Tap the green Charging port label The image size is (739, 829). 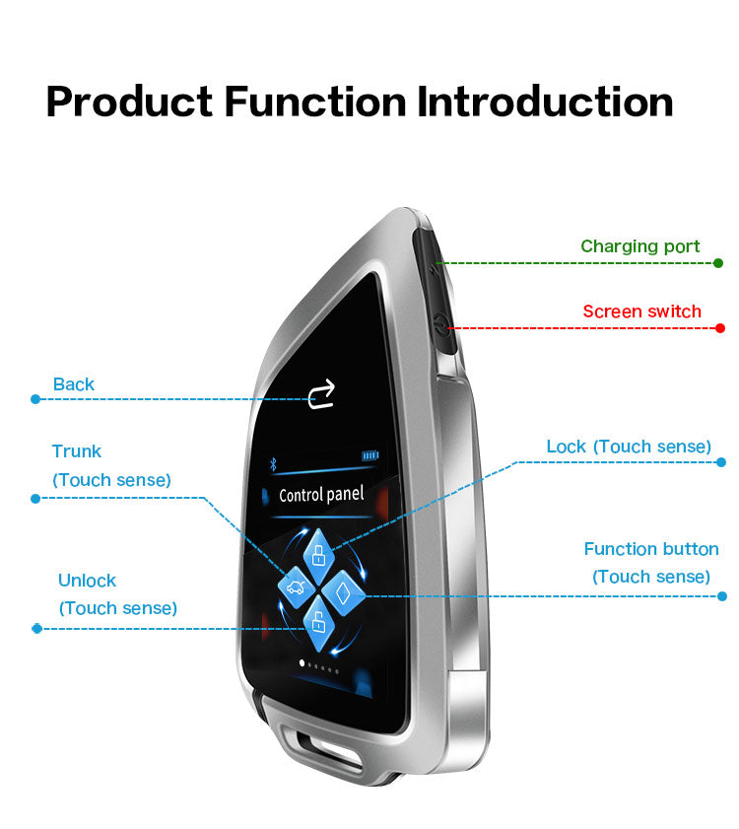[x=639, y=246]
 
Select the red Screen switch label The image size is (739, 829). [x=641, y=311]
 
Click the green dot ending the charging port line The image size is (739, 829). [x=718, y=263]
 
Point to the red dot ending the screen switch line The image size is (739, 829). [x=719, y=328]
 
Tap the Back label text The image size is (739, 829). [x=74, y=384]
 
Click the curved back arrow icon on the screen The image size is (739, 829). [x=321, y=394]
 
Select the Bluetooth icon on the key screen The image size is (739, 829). [x=273, y=463]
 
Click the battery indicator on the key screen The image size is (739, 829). [x=370, y=455]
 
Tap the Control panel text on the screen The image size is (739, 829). [x=321, y=495]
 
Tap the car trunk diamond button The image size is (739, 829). [x=296, y=587]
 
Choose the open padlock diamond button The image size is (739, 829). [x=318, y=624]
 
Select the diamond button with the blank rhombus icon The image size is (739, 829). [x=344, y=592]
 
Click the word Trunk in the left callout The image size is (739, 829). [x=77, y=451]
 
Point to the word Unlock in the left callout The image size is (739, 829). [x=87, y=581]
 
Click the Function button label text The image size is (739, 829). [x=651, y=549]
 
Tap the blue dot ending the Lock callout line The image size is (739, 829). [x=721, y=462]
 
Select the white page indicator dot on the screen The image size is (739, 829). [x=302, y=663]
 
